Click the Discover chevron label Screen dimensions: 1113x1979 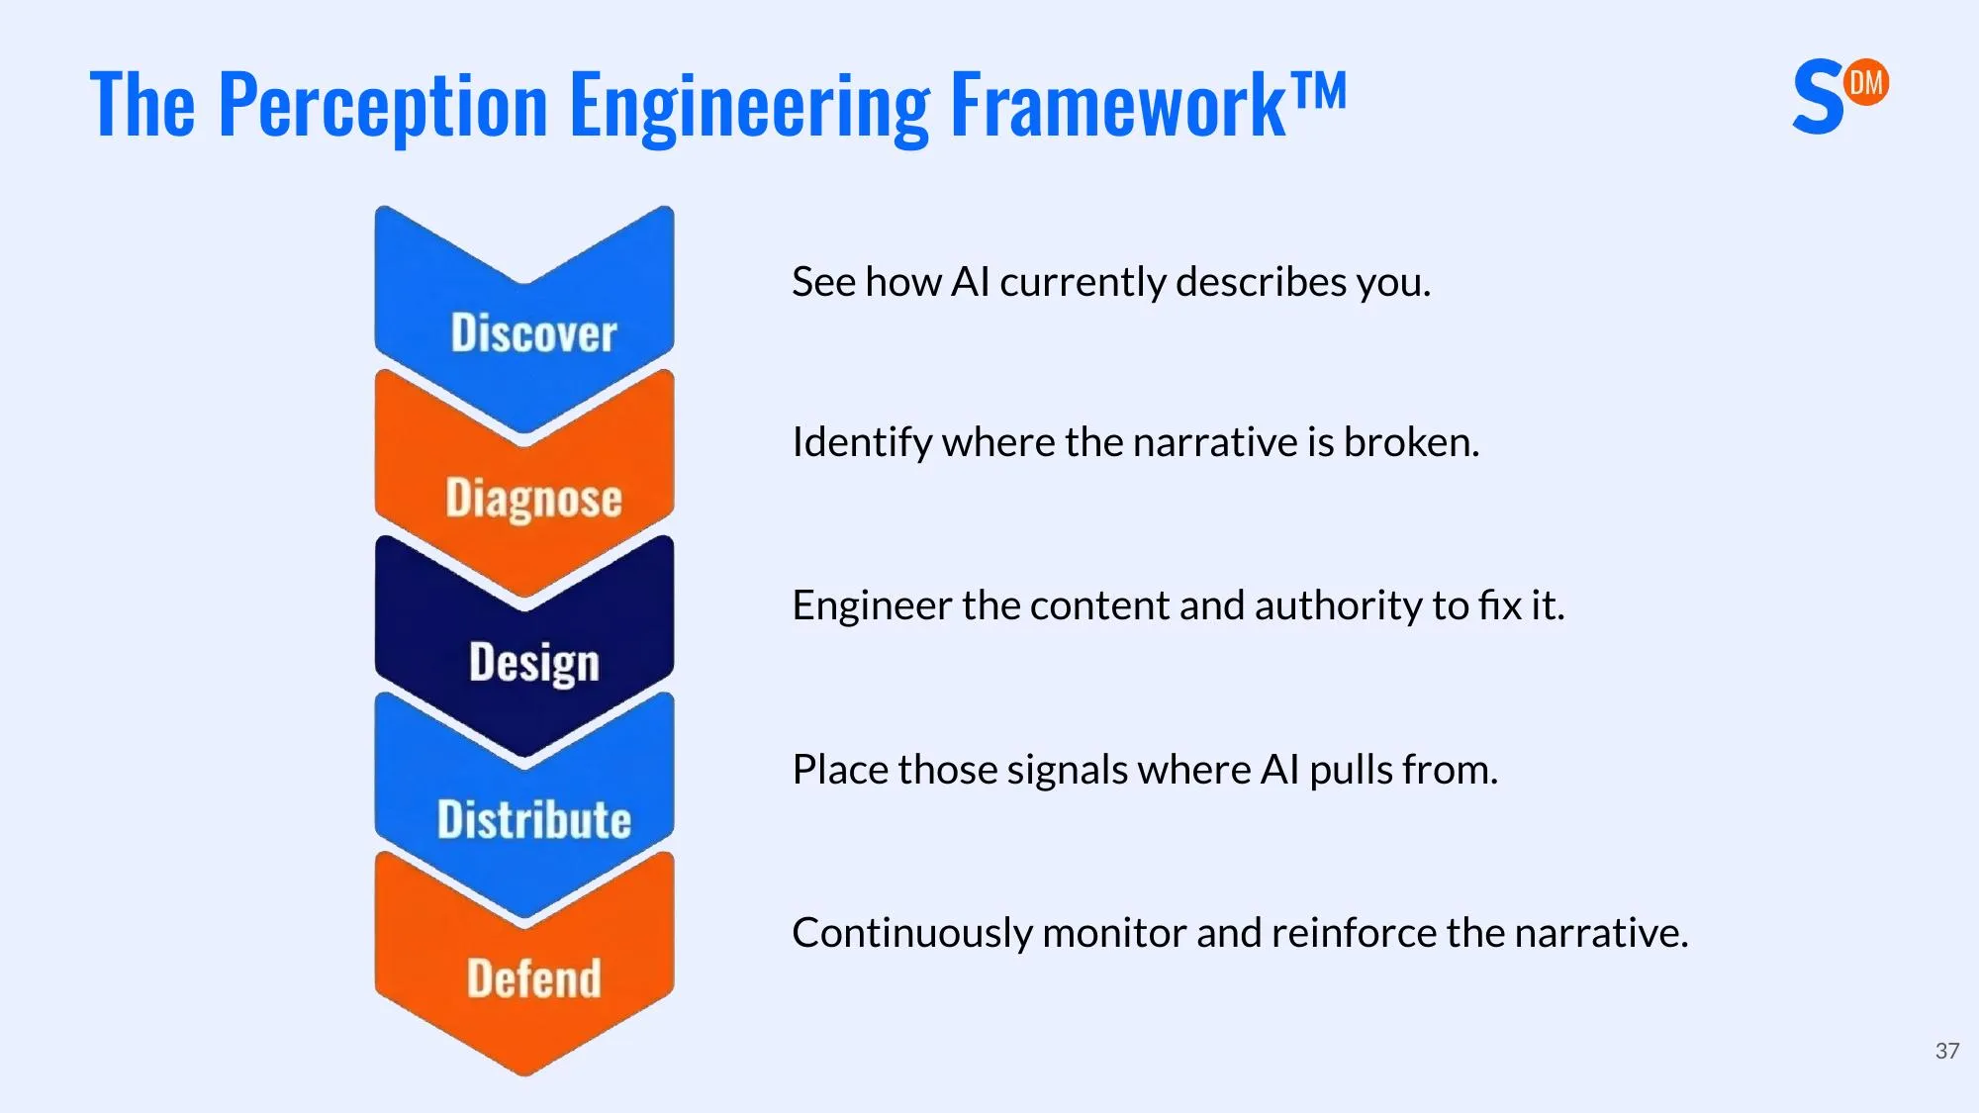pyautogui.click(x=533, y=333)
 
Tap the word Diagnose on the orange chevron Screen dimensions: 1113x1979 pyautogui.click(x=533, y=499)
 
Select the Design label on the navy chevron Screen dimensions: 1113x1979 pyautogui.click(x=533, y=663)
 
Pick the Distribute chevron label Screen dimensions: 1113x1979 pyautogui.click(x=533, y=820)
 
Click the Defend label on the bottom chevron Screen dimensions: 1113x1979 pyautogui.click(x=533, y=978)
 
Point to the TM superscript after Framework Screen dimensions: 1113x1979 pyautogui.click(x=1319, y=91)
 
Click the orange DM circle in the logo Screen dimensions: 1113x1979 pyautogui.click(x=1866, y=82)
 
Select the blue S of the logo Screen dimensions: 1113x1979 pyautogui.click(x=1818, y=98)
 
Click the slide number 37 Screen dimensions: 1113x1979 pyautogui.click(x=1947, y=1051)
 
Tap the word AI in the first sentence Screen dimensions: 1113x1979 pyautogui.click(x=970, y=282)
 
